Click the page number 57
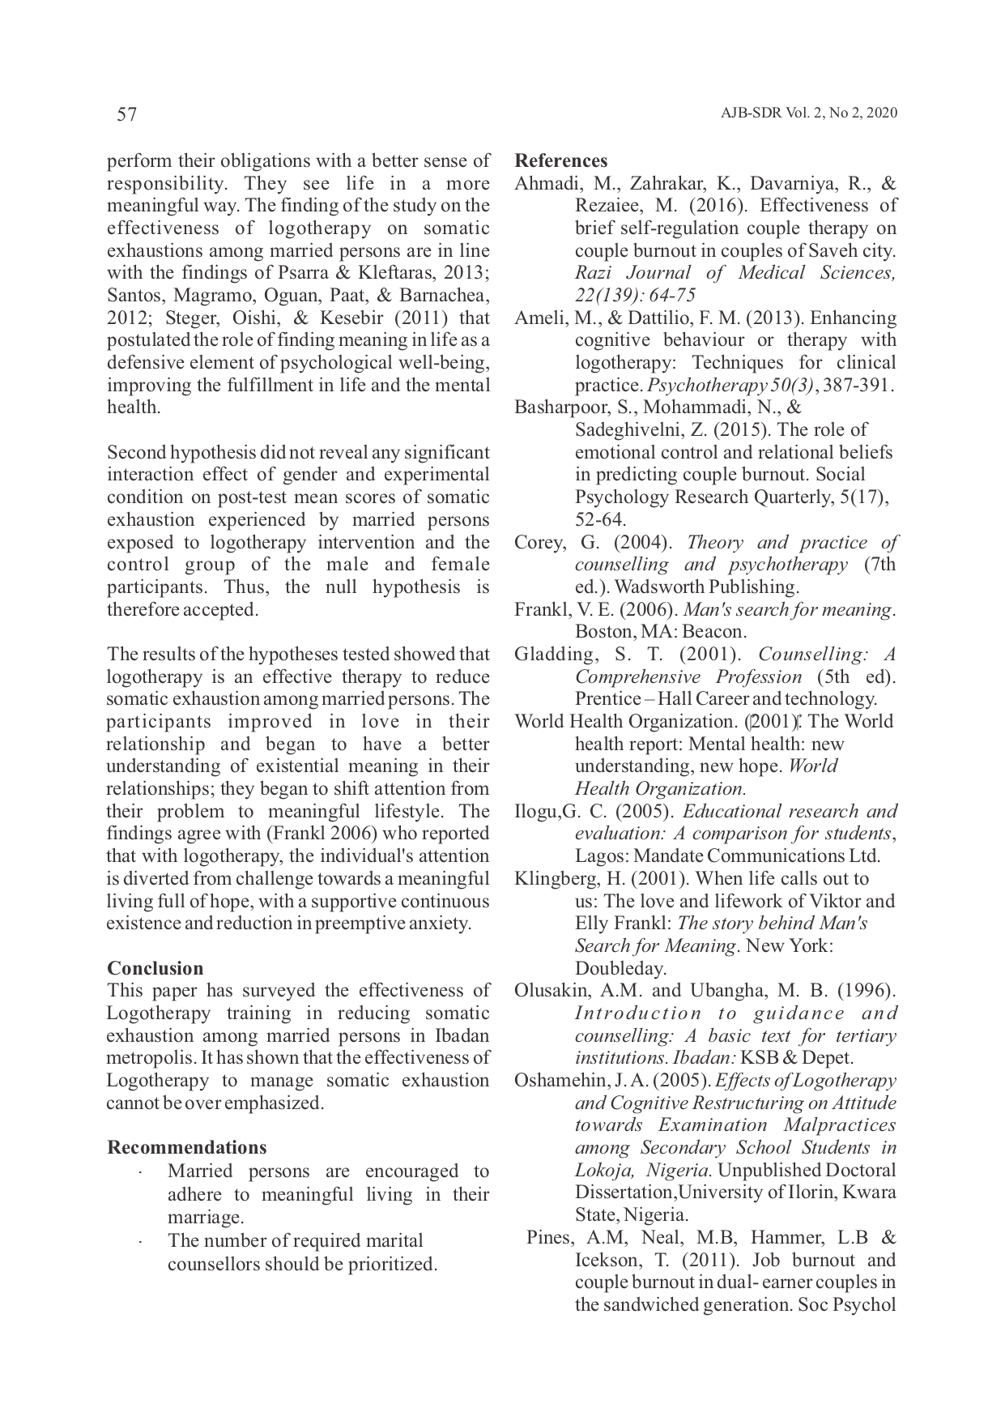click(x=127, y=114)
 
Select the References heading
click(x=560, y=160)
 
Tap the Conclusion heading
click(x=155, y=968)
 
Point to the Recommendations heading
click(x=186, y=1147)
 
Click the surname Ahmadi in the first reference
click(x=543, y=184)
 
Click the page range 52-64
click(x=600, y=519)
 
